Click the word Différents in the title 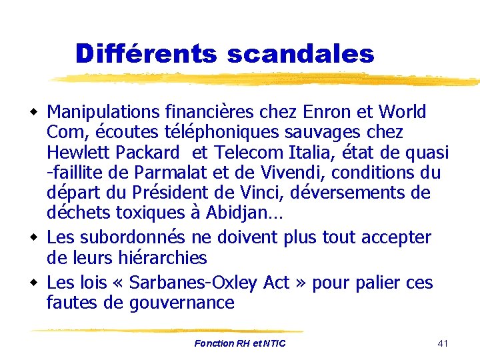[147, 53]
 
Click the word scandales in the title [301, 53]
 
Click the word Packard [148, 153]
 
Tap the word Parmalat [172, 173]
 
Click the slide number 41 [443, 343]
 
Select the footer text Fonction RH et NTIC [240, 343]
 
